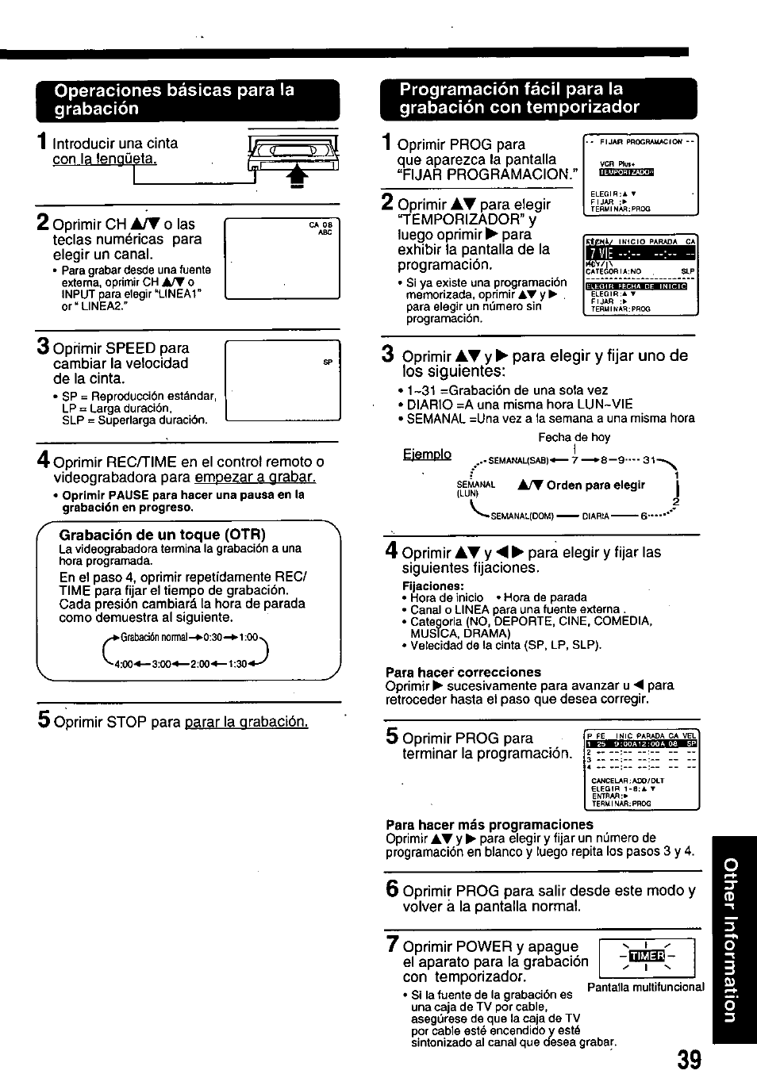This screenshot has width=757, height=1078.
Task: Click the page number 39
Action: [x=690, y=1060]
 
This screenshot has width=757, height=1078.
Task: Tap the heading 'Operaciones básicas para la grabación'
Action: [x=175, y=99]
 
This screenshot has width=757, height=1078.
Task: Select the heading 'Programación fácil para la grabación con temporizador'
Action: [x=519, y=98]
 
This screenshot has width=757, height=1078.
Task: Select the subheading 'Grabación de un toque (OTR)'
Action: [x=163, y=534]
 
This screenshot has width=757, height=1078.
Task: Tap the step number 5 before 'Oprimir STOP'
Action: [x=44, y=719]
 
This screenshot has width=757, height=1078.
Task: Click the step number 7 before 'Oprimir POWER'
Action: [x=392, y=945]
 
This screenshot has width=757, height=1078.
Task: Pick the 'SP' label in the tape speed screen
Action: [x=328, y=363]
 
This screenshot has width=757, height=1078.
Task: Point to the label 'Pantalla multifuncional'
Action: [x=645, y=987]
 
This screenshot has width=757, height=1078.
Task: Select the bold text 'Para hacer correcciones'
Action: [x=463, y=672]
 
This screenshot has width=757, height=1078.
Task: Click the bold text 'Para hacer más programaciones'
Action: [x=489, y=824]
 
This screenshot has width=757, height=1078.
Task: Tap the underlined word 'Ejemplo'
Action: [x=426, y=454]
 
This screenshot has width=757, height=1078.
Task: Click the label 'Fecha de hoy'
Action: [x=574, y=437]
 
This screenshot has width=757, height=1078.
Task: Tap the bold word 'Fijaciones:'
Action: [x=432, y=585]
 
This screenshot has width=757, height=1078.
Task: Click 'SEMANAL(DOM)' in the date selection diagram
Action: [x=523, y=516]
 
